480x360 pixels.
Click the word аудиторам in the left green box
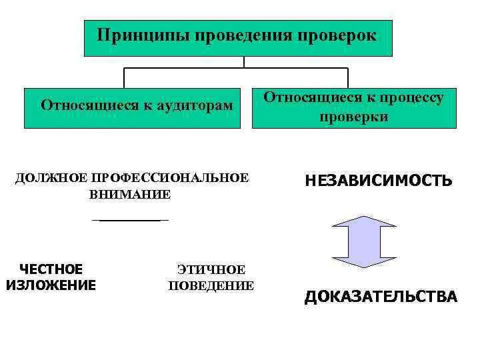pyautogui.click(x=191, y=105)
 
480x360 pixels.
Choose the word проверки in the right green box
pyautogui.click(x=353, y=117)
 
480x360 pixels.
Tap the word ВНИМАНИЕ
pyautogui.click(x=130, y=195)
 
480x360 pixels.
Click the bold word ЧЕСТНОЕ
pyautogui.click(x=51, y=269)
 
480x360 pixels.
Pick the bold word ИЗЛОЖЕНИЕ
pyautogui.click(x=51, y=285)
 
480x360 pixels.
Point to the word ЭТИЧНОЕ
pyautogui.click(x=211, y=270)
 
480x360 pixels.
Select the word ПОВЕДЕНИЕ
pyautogui.click(x=211, y=286)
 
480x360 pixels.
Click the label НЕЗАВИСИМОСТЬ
pyautogui.click(x=379, y=181)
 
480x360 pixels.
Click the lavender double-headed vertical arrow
pyautogui.click(x=363, y=242)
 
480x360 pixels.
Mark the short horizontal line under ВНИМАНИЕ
pyautogui.click(x=130, y=219)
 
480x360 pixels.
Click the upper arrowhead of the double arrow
pyautogui.click(x=363, y=223)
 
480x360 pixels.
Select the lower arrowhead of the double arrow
pyautogui.click(x=363, y=261)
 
